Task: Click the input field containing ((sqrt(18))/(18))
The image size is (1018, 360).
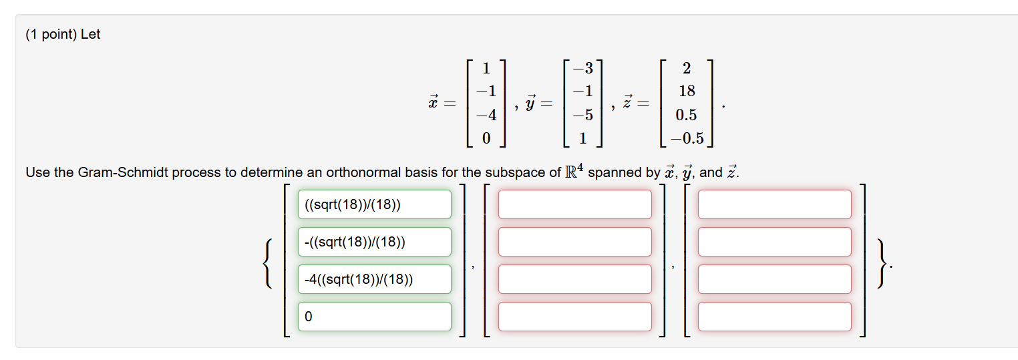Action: click(374, 204)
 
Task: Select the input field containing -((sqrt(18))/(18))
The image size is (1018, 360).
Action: click(374, 242)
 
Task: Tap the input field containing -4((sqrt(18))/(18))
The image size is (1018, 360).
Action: click(374, 279)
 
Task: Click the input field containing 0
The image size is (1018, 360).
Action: click(374, 317)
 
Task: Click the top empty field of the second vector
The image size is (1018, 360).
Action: click(574, 204)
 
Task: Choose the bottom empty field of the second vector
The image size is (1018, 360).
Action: click(574, 317)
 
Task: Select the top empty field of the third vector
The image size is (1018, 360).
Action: click(774, 204)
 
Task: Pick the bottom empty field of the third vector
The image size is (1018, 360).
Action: click(774, 317)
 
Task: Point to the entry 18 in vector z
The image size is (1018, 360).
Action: click(687, 91)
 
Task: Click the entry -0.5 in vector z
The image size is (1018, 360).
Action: click(687, 138)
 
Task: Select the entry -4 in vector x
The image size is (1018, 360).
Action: click(486, 115)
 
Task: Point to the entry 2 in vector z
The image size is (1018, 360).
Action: click(687, 67)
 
